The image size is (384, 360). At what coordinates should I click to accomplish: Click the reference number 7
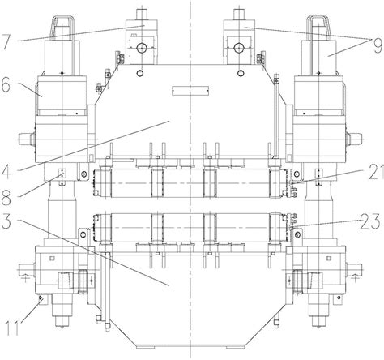coord(6,42)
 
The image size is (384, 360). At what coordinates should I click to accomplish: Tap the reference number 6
coord(6,87)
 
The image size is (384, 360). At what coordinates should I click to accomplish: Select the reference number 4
coord(6,171)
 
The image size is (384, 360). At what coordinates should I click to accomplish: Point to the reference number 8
coord(6,197)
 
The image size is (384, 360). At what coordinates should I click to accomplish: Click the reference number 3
coord(6,221)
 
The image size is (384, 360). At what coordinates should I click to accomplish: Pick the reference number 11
coord(13,328)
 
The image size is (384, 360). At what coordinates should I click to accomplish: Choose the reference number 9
coord(378,45)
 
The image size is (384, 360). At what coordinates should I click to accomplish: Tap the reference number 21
coord(376,172)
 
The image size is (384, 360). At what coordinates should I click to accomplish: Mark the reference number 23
coord(370,221)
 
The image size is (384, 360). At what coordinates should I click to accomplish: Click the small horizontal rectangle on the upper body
coord(190,91)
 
